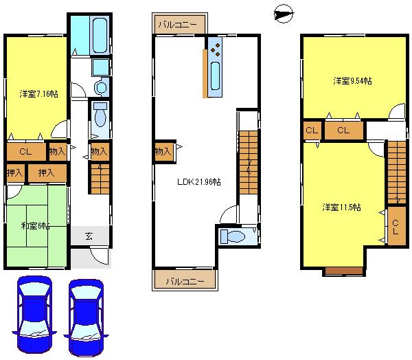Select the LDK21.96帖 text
coord(199,181)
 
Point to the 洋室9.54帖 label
coord(352,81)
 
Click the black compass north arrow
coord(282,12)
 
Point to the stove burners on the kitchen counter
coord(216,49)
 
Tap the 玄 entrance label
coord(90,236)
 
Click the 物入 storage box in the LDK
coord(162,151)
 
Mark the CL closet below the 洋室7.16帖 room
coord(25,152)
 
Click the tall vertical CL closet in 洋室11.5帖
coord(396,227)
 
